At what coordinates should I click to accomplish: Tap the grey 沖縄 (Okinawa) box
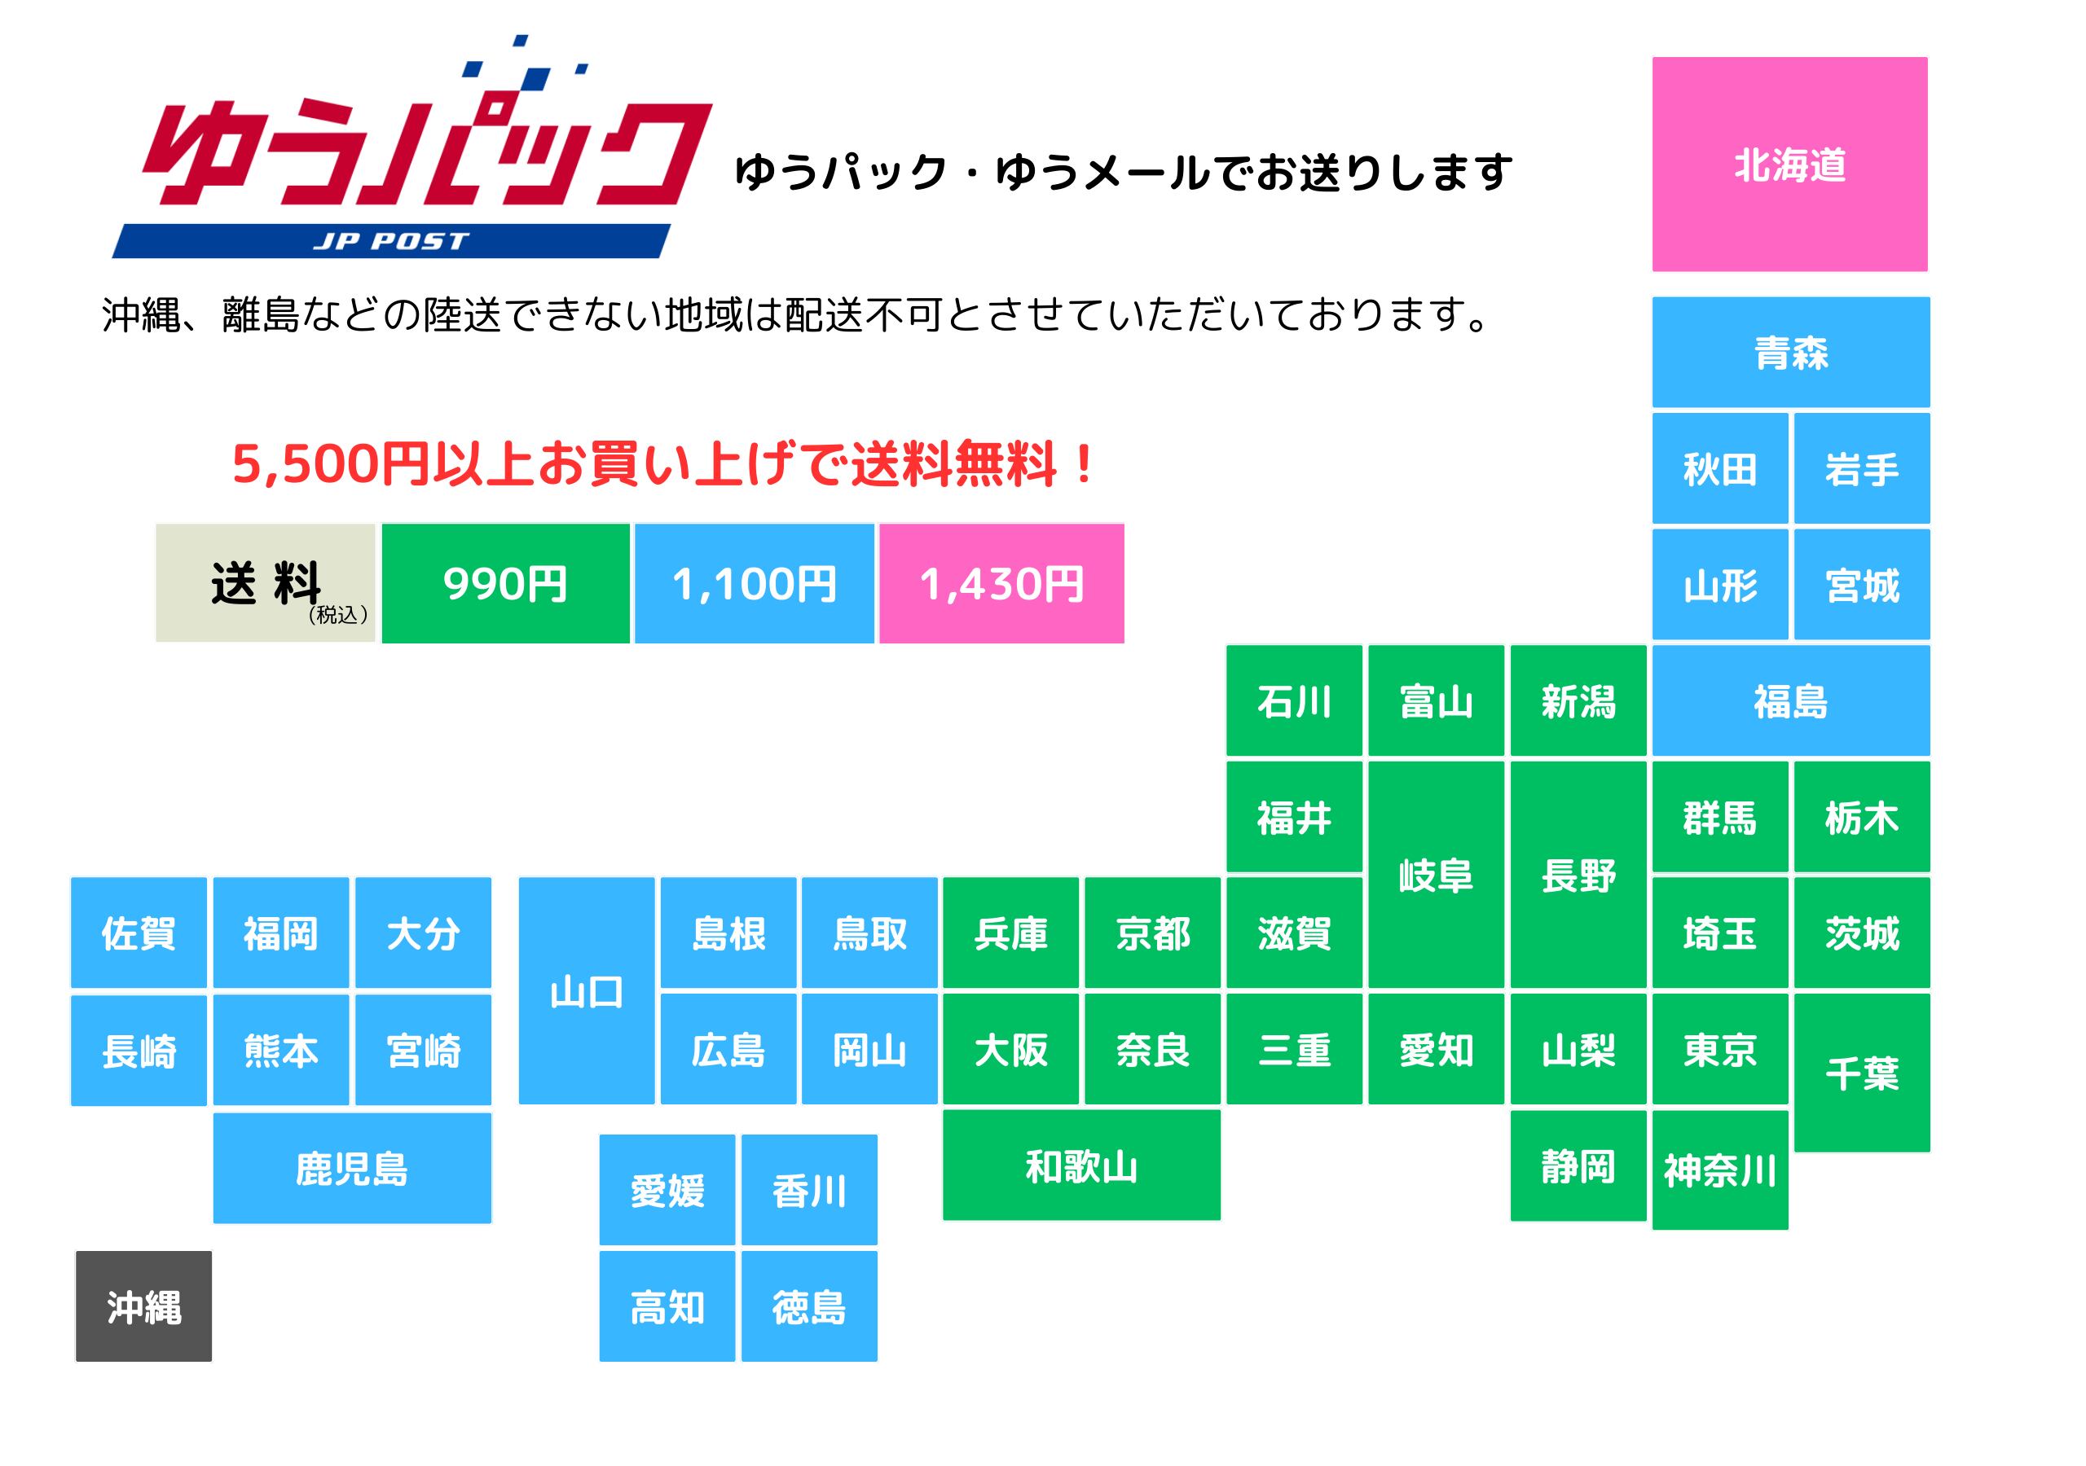coord(143,1306)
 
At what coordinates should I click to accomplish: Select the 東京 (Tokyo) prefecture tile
coord(1720,1049)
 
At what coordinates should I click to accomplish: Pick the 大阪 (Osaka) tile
coord(1010,1049)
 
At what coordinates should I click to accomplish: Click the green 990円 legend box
coord(505,583)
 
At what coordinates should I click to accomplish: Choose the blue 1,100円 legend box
coord(754,583)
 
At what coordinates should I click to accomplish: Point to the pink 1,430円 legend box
coord(1001,583)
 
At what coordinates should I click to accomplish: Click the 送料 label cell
coord(266,583)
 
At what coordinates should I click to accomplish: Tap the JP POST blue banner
coord(390,241)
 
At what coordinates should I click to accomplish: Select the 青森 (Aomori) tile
coord(1791,353)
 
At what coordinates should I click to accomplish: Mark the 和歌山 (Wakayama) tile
coord(1081,1165)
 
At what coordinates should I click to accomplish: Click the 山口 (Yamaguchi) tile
coord(586,991)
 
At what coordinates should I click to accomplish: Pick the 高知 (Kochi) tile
coord(667,1306)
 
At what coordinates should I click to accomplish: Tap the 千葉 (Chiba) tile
coord(1862,1073)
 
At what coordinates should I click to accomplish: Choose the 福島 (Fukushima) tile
coord(1791,700)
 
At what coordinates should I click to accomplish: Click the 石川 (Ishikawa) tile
coord(1294,700)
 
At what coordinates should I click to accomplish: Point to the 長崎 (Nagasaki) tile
coord(139,1051)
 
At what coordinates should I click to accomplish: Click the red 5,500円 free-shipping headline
coord(663,464)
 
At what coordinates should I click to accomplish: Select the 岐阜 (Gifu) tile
coord(1437,875)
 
